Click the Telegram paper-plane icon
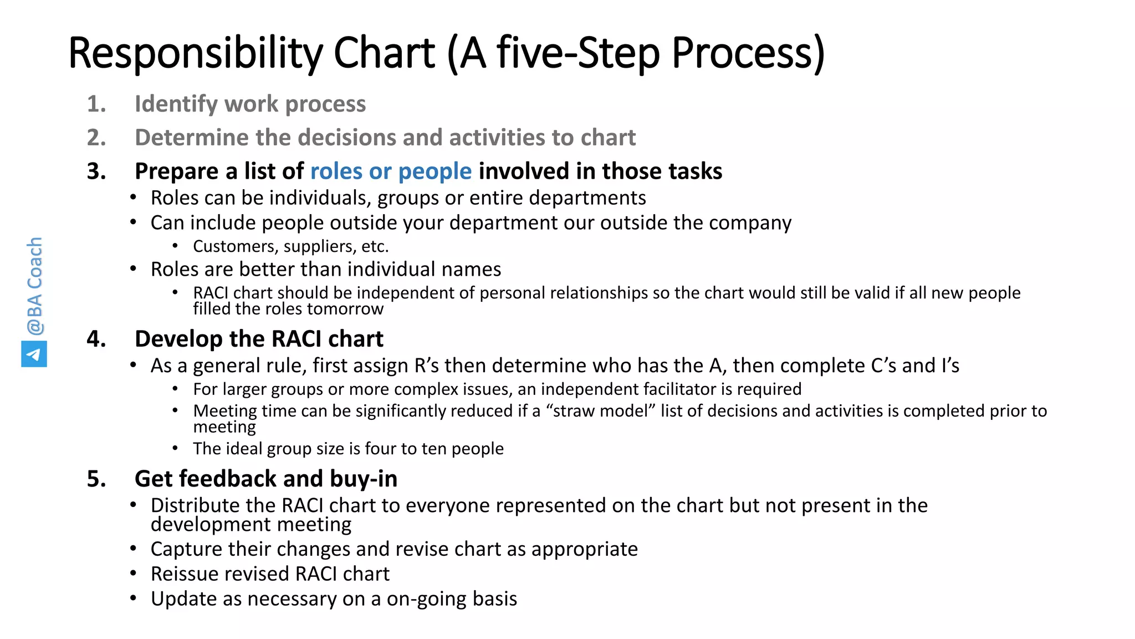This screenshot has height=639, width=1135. click(34, 354)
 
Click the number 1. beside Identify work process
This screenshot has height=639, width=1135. click(96, 104)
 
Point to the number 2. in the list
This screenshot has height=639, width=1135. click(96, 138)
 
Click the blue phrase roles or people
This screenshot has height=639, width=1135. click(391, 171)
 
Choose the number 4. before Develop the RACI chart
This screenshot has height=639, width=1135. click(96, 339)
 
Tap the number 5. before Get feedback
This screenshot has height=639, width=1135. click(96, 479)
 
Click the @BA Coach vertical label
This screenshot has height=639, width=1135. click(34, 286)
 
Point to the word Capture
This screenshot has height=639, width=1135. click(185, 549)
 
